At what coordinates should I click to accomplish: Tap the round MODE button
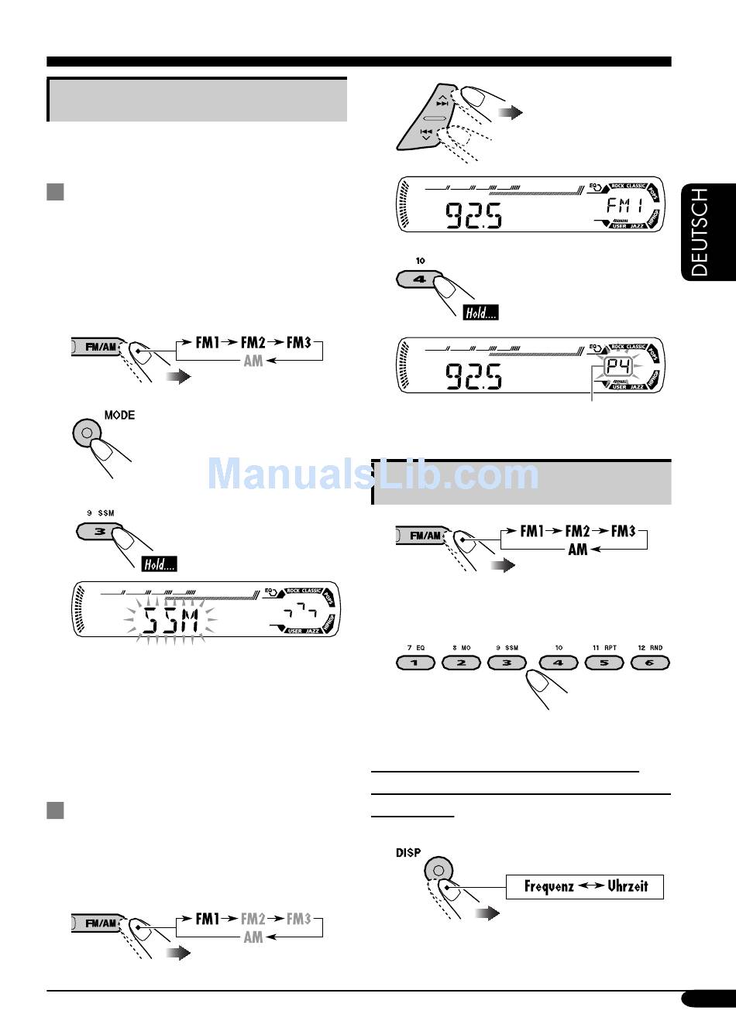coord(87,433)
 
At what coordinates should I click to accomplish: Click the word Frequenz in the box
coord(549,886)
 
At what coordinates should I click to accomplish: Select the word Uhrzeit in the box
coord(628,886)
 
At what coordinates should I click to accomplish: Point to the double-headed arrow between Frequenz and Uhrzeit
coord(590,886)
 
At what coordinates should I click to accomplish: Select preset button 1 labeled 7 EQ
coord(414,663)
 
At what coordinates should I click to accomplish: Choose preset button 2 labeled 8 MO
coord(461,663)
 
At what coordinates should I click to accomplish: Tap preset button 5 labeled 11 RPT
coord(604,663)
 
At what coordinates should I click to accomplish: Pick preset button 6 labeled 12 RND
coord(650,663)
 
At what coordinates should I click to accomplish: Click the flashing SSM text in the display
coord(171,619)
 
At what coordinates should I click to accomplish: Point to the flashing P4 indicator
coord(618,367)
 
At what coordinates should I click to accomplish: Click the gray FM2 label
coord(253,919)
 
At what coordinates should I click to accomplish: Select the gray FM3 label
coord(298,919)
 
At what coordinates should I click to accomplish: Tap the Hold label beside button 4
coord(480,313)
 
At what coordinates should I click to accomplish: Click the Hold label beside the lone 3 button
coord(160,564)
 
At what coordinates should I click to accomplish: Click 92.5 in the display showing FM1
coord(473,215)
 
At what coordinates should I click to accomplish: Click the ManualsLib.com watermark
coord(373,474)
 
